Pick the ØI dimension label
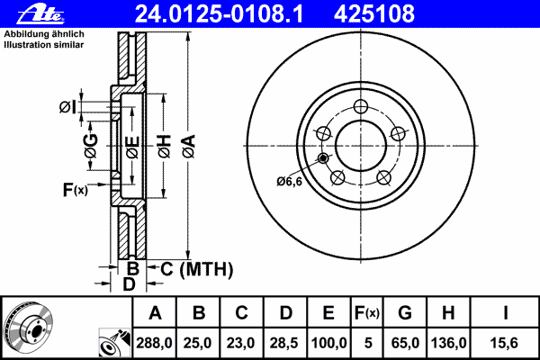click(x=68, y=108)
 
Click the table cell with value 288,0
click(x=156, y=342)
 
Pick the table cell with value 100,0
click(x=328, y=342)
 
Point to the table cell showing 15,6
click(x=506, y=342)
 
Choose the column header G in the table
click(x=405, y=313)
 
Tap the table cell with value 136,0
click(x=449, y=342)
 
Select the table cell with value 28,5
click(x=285, y=342)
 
